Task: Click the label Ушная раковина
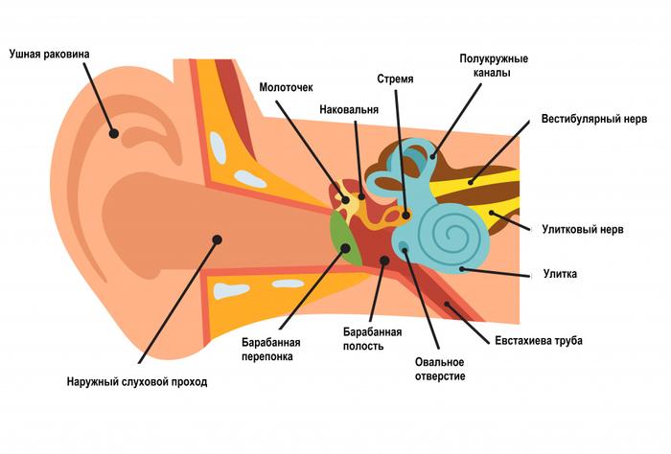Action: click(x=49, y=54)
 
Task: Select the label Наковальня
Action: click(x=348, y=110)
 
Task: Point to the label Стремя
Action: click(x=395, y=79)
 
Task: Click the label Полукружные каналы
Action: click(x=494, y=66)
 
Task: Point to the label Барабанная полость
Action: click(x=372, y=338)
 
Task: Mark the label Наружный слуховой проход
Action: click(x=137, y=381)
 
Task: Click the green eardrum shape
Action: click(x=343, y=239)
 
